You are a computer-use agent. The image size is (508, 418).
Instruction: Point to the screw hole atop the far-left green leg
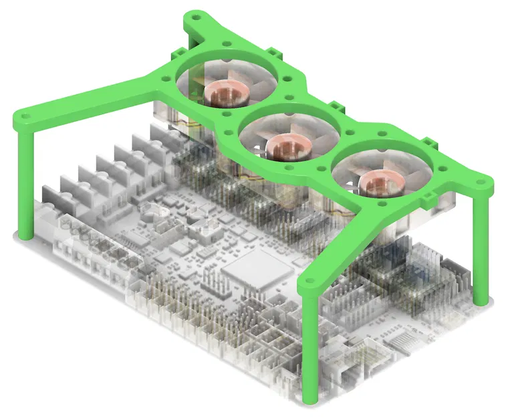pyautogui.click(x=25, y=118)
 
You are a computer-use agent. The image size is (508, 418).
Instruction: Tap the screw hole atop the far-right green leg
pyautogui.click(x=479, y=181)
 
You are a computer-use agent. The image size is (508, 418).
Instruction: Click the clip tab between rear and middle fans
pyautogui.click(x=275, y=53)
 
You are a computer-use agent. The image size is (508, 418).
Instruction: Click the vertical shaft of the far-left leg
pyautogui.click(x=25, y=181)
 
